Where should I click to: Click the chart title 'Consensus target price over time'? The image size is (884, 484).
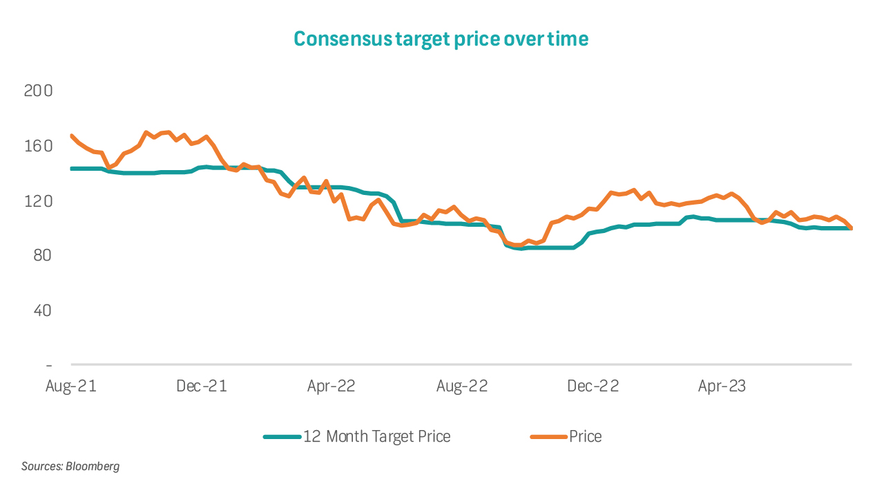(x=441, y=39)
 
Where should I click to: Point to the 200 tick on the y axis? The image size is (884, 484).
(x=39, y=91)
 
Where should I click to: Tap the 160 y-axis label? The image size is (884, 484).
(x=39, y=146)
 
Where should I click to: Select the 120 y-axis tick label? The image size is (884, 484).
(x=39, y=201)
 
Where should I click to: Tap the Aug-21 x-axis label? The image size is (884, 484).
(x=70, y=386)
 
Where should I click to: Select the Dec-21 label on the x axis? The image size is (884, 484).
(x=202, y=386)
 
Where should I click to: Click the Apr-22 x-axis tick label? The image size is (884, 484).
(x=331, y=386)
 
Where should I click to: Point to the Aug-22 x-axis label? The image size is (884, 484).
(x=462, y=386)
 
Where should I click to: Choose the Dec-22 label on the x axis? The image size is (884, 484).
(x=593, y=386)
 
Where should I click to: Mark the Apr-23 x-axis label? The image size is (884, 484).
(x=722, y=386)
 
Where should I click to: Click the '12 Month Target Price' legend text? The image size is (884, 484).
(x=376, y=436)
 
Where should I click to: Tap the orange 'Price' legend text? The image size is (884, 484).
(x=585, y=436)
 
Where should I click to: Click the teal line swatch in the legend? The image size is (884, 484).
(x=282, y=436)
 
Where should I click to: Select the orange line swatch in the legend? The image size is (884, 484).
(x=549, y=436)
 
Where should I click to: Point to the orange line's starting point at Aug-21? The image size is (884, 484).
(x=72, y=136)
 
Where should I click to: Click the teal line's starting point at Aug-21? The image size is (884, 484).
(x=72, y=169)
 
